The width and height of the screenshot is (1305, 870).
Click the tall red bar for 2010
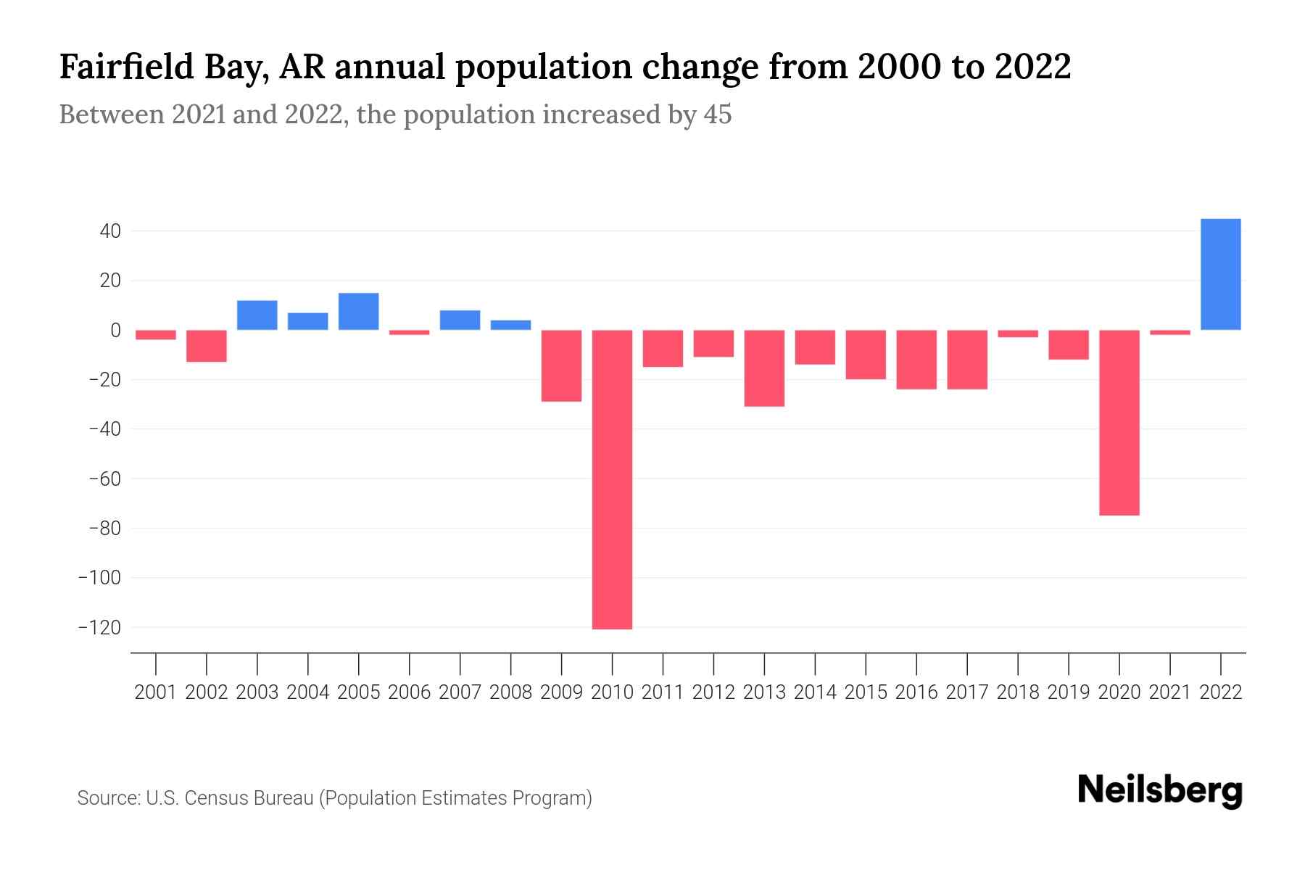coord(612,478)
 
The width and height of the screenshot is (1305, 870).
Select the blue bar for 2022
coord(1220,274)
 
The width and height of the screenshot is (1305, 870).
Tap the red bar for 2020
coord(1119,422)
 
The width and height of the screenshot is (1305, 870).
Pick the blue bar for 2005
coord(358,312)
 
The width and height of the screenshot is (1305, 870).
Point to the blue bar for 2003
coord(257,315)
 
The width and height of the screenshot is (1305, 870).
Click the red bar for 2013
coord(764,368)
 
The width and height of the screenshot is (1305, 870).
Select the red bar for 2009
coord(561,365)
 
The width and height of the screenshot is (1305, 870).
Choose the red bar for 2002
coord(207,346)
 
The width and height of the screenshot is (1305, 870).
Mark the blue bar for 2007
coord(460,320)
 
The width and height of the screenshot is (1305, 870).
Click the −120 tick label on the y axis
coord(99,628)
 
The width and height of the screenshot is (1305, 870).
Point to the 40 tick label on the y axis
coord(110,232)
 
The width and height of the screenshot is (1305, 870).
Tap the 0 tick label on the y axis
coord(115,331)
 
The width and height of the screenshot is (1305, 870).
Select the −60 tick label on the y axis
coord(104,479)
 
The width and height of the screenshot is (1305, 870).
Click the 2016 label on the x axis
coord(916,692)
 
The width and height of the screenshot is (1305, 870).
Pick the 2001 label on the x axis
coord(156,692)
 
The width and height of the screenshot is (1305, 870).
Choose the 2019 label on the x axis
coord(1068,692)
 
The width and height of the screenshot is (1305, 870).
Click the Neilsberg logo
coord(1159,790)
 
